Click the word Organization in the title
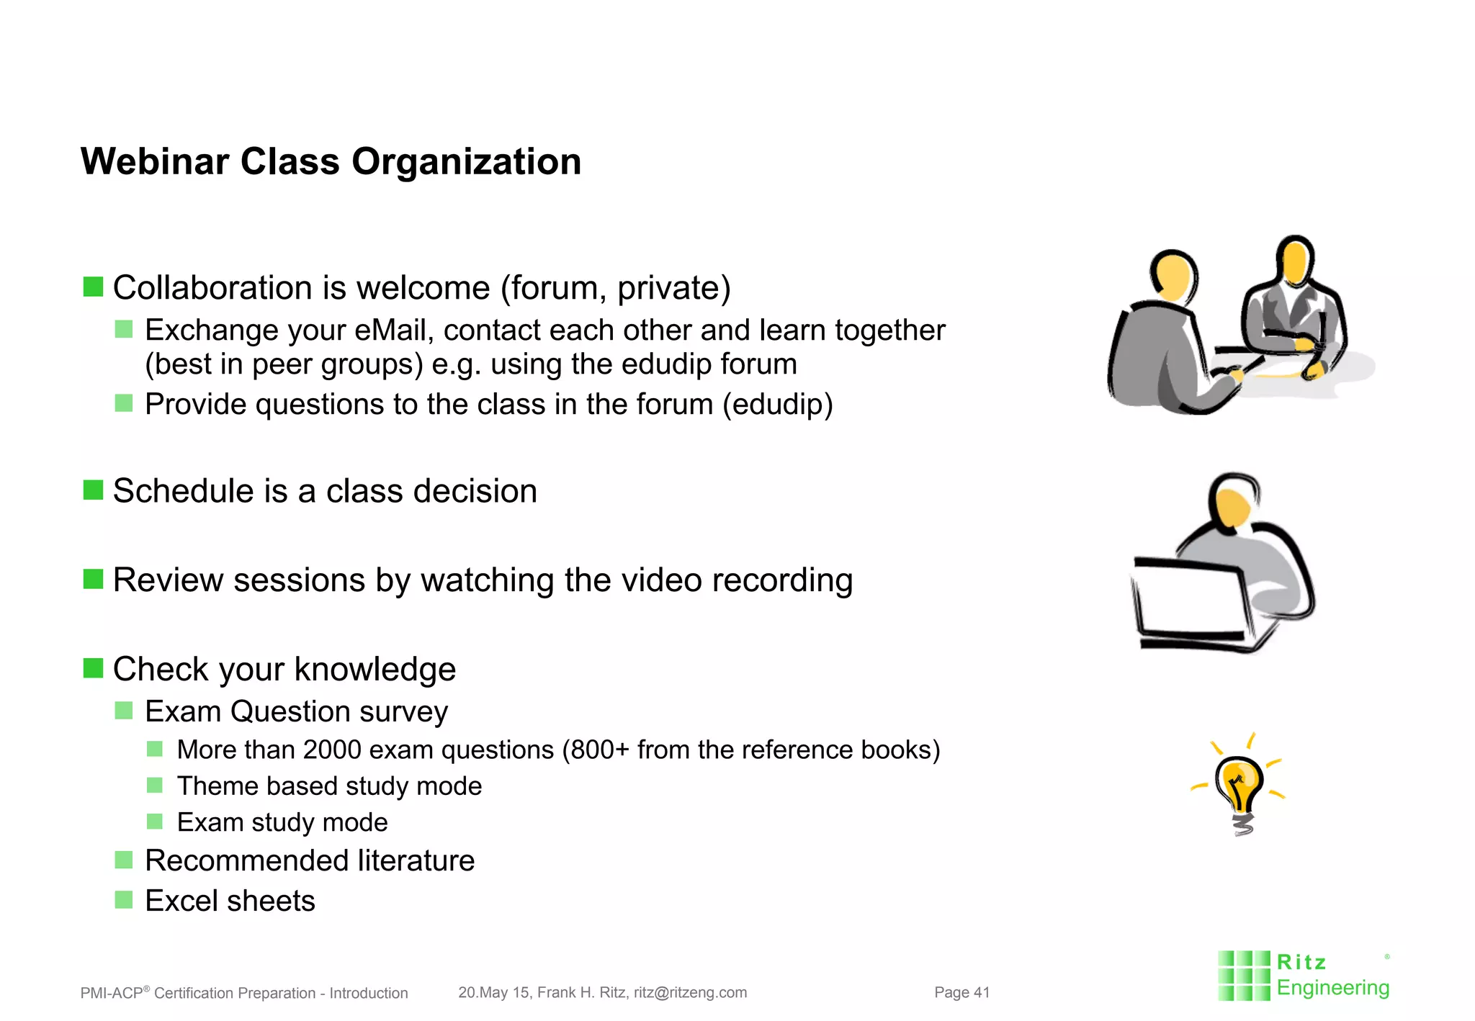[x=466, y=161]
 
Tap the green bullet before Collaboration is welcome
[x=93, y=287]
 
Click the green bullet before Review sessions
[x=93, y=579]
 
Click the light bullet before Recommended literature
[x=124, y=860]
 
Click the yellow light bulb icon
[x=1239, y=788]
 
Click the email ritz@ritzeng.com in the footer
[x=690, y=992]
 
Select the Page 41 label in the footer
[x=961, y=992]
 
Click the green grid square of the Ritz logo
[x=1244, y=976]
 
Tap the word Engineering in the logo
[x=1332, y=988]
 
